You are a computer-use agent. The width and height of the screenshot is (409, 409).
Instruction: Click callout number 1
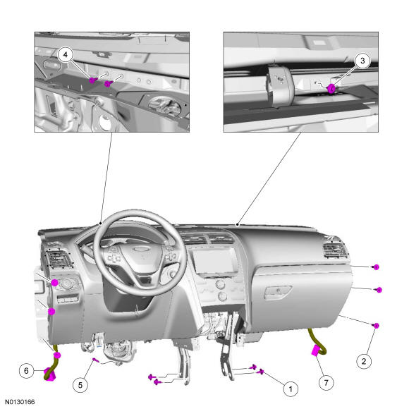coord(291,389)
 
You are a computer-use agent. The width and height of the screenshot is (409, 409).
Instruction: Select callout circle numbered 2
coord(364,361)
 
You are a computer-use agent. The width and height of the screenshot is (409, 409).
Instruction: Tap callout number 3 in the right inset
coord(362,61)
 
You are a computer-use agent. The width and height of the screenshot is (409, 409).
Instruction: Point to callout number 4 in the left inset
coord(65,54)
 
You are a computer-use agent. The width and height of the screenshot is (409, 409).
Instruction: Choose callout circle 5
coord(80,385)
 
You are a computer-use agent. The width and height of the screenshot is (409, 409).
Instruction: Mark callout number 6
coord(26,371)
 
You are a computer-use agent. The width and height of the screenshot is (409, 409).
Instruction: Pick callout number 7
coord(326,383)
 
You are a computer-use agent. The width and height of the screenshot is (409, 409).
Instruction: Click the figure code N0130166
coord(20,402)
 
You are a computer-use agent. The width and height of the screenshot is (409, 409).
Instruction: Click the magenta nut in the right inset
coord(331,88)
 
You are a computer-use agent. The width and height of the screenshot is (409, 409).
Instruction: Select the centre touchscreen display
coord(216,261)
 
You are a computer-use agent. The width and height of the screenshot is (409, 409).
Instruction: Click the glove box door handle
coord(278,292)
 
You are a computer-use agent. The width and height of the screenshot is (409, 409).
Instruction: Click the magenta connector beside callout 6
coord(49,374)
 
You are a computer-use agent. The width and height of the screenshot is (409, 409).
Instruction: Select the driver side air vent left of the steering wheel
coord(59,258)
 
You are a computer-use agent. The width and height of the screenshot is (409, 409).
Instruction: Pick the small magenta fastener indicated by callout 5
coord(95,360)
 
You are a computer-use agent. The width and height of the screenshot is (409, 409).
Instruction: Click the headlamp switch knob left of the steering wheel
coord(68,283)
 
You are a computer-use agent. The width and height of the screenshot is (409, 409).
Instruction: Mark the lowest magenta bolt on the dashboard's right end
coord(376,326)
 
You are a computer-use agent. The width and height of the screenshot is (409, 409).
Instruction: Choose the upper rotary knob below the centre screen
coord(221,284)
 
